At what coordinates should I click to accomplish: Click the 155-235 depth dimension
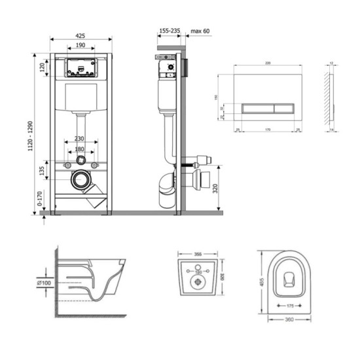[x=170, y=30]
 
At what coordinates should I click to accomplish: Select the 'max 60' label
[x=200, y=30]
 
